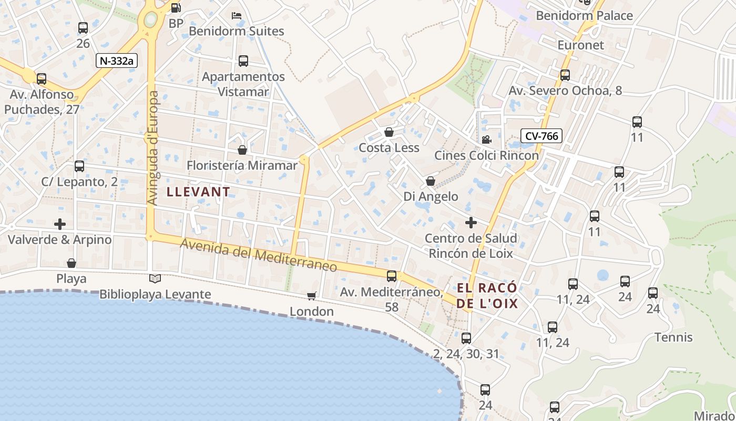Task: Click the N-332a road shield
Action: click(117, 61)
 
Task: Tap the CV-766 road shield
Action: click(541, 136)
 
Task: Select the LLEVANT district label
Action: click(198, 192)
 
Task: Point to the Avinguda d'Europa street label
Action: click(152, 148)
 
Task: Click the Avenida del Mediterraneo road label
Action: click(258, 255)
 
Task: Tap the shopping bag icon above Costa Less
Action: click(389, 132)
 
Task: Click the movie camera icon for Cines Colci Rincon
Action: click(486, 139)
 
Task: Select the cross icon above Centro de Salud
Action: click(471, 223)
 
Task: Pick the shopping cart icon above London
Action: click(312, 296)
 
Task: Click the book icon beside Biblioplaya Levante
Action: click(155, 278)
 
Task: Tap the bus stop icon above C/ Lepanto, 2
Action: click(79, 166)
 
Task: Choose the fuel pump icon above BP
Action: click(176, 7)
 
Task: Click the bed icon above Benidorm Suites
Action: click(237, 15)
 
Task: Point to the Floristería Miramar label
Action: click(242, 165)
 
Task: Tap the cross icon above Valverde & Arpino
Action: click(60, 224)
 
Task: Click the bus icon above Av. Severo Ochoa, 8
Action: click(565, 75)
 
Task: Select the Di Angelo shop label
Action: click(431, 196)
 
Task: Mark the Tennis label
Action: click(673, 337)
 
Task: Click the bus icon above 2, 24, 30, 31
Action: click(466, 338)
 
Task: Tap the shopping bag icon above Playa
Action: click(71, 263)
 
